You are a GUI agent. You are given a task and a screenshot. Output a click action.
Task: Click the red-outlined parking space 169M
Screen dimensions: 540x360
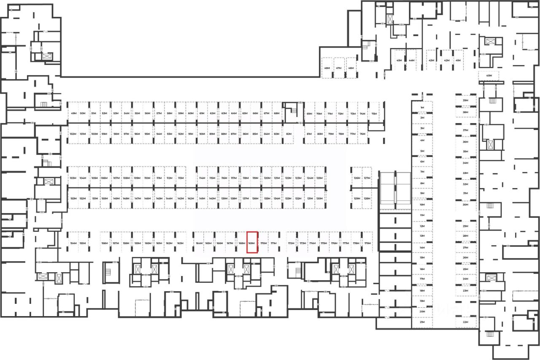[252, 243]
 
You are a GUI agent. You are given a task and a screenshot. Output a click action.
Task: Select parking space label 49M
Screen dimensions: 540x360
[73, 114]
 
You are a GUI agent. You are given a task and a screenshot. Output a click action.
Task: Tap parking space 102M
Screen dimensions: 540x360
[72, 134]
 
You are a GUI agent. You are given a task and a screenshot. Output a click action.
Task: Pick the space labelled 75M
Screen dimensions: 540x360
[374, 114]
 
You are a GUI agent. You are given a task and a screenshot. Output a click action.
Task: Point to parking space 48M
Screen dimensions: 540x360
[327, 68]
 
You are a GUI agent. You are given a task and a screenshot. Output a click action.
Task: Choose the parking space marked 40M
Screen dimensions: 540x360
[489, 76]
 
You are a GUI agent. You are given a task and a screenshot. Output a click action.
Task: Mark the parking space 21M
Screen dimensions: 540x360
[422, 322]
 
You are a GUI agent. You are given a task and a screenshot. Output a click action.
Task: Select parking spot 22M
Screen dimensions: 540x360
[466, 322]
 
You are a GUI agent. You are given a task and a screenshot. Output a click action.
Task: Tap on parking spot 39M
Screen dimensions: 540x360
[466, 100]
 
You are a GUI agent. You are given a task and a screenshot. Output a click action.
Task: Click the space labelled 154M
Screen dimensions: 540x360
[73, 244]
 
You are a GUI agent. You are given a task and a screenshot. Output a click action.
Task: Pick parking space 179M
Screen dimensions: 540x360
[367, 244]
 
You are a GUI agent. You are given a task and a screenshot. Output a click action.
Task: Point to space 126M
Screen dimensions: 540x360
[357, 178]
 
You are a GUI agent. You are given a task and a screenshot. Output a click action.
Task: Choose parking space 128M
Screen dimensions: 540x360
[367, 198]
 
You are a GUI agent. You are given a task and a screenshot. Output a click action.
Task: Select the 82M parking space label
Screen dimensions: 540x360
[289, 134]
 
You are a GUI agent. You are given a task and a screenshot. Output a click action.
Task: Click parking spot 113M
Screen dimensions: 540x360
[180, 178]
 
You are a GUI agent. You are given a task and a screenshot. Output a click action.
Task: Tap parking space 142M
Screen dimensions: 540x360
[191, 198]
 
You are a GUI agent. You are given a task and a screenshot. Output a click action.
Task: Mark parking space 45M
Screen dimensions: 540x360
[399, 60]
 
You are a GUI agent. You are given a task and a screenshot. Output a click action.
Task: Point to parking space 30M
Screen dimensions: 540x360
[466, 205]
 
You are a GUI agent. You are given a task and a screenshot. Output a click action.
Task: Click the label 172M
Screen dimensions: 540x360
[291, 244]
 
